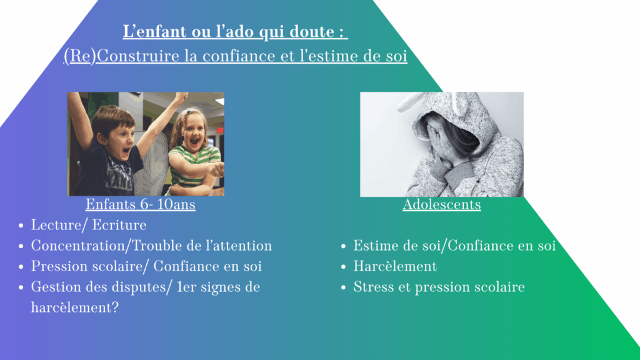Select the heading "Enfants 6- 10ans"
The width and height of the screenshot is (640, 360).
[x=141, y=204]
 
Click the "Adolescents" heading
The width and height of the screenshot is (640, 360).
[x=442, y=204]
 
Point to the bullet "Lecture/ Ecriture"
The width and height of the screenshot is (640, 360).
[x=89, y=225]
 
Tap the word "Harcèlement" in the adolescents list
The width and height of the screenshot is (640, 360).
[x=395, y=266]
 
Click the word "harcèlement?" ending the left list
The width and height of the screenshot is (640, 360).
[x=75, y=307]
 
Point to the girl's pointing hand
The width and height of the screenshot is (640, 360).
[x=217, y=168]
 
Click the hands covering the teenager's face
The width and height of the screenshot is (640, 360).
[x=439, y=143]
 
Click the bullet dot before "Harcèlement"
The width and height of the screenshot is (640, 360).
[x=343, y=267]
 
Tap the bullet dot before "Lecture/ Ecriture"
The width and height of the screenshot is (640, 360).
[x=21, y=226]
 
